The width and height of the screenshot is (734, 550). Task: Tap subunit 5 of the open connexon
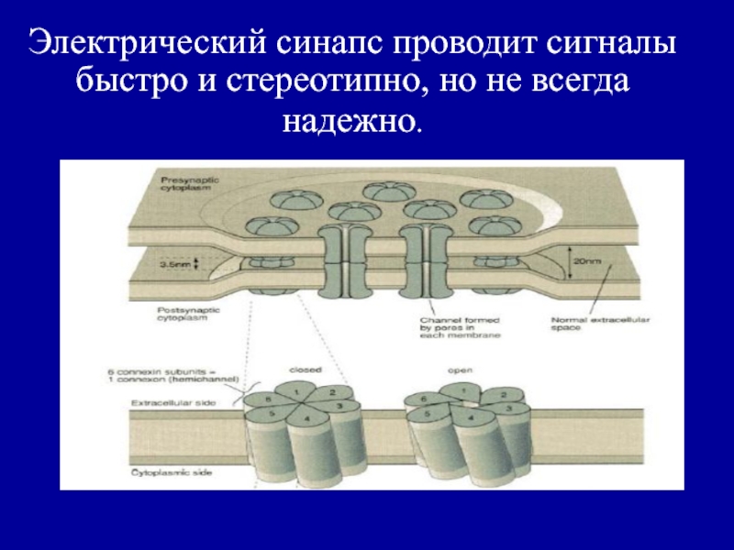[424, 412]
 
